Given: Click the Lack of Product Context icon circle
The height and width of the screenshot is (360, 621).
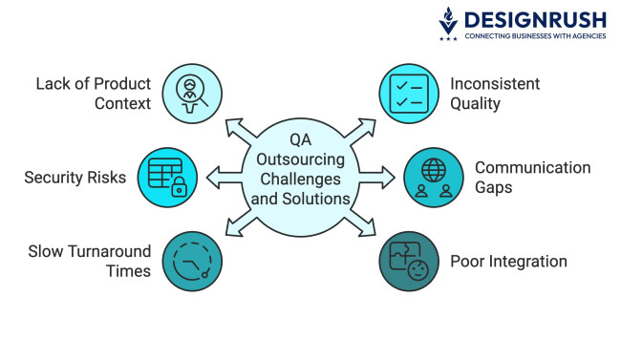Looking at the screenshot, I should [x=191, y=92].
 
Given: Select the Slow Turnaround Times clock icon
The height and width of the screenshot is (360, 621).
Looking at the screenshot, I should [x=191, y=260].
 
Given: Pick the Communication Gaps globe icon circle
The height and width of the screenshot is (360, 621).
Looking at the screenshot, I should [x=433, y=177].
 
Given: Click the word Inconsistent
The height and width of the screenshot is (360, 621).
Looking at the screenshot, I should [x=495, y=83].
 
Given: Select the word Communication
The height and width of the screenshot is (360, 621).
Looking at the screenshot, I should [x=532, y=167].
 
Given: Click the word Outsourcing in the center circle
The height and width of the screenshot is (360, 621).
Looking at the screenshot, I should [x=300, y=160].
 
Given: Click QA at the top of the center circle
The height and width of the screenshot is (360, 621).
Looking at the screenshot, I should [x=300, y=140].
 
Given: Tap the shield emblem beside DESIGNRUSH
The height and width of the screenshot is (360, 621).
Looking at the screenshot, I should [x=447, y=24].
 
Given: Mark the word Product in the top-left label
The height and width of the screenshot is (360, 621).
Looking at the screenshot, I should [x=118, y=83].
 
